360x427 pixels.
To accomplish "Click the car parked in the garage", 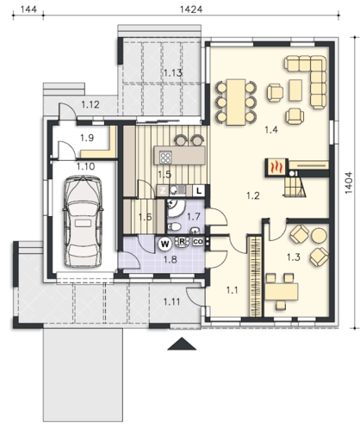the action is pos(82,222).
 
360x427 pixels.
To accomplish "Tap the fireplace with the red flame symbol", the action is pos(276,166).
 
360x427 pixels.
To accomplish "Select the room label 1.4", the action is pos(271,130).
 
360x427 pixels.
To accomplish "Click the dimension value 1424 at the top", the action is pos(191,9).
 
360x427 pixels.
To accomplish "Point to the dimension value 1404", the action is pos(348,183).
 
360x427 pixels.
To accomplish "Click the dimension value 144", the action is pos(28,9).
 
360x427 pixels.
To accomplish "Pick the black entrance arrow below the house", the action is pos(182,343).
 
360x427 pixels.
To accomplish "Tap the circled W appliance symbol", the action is pos(164,244).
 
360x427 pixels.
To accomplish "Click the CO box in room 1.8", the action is pos(198,242).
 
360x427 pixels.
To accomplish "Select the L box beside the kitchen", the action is pos(199,190).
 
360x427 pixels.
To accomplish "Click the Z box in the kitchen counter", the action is pos(163,190).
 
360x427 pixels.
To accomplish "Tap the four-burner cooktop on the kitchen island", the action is pos(165,158).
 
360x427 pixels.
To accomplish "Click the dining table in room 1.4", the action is pos(236,102).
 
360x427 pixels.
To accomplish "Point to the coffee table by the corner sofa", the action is pos(295,90).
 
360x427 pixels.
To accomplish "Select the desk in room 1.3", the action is pos(282,291).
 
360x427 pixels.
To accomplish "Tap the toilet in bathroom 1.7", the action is pos(174,226).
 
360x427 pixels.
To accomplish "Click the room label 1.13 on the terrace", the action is pos(173,73).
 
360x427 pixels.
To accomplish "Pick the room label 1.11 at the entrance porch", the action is pos(171,301).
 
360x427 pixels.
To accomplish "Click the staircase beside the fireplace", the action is pos(295,187).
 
